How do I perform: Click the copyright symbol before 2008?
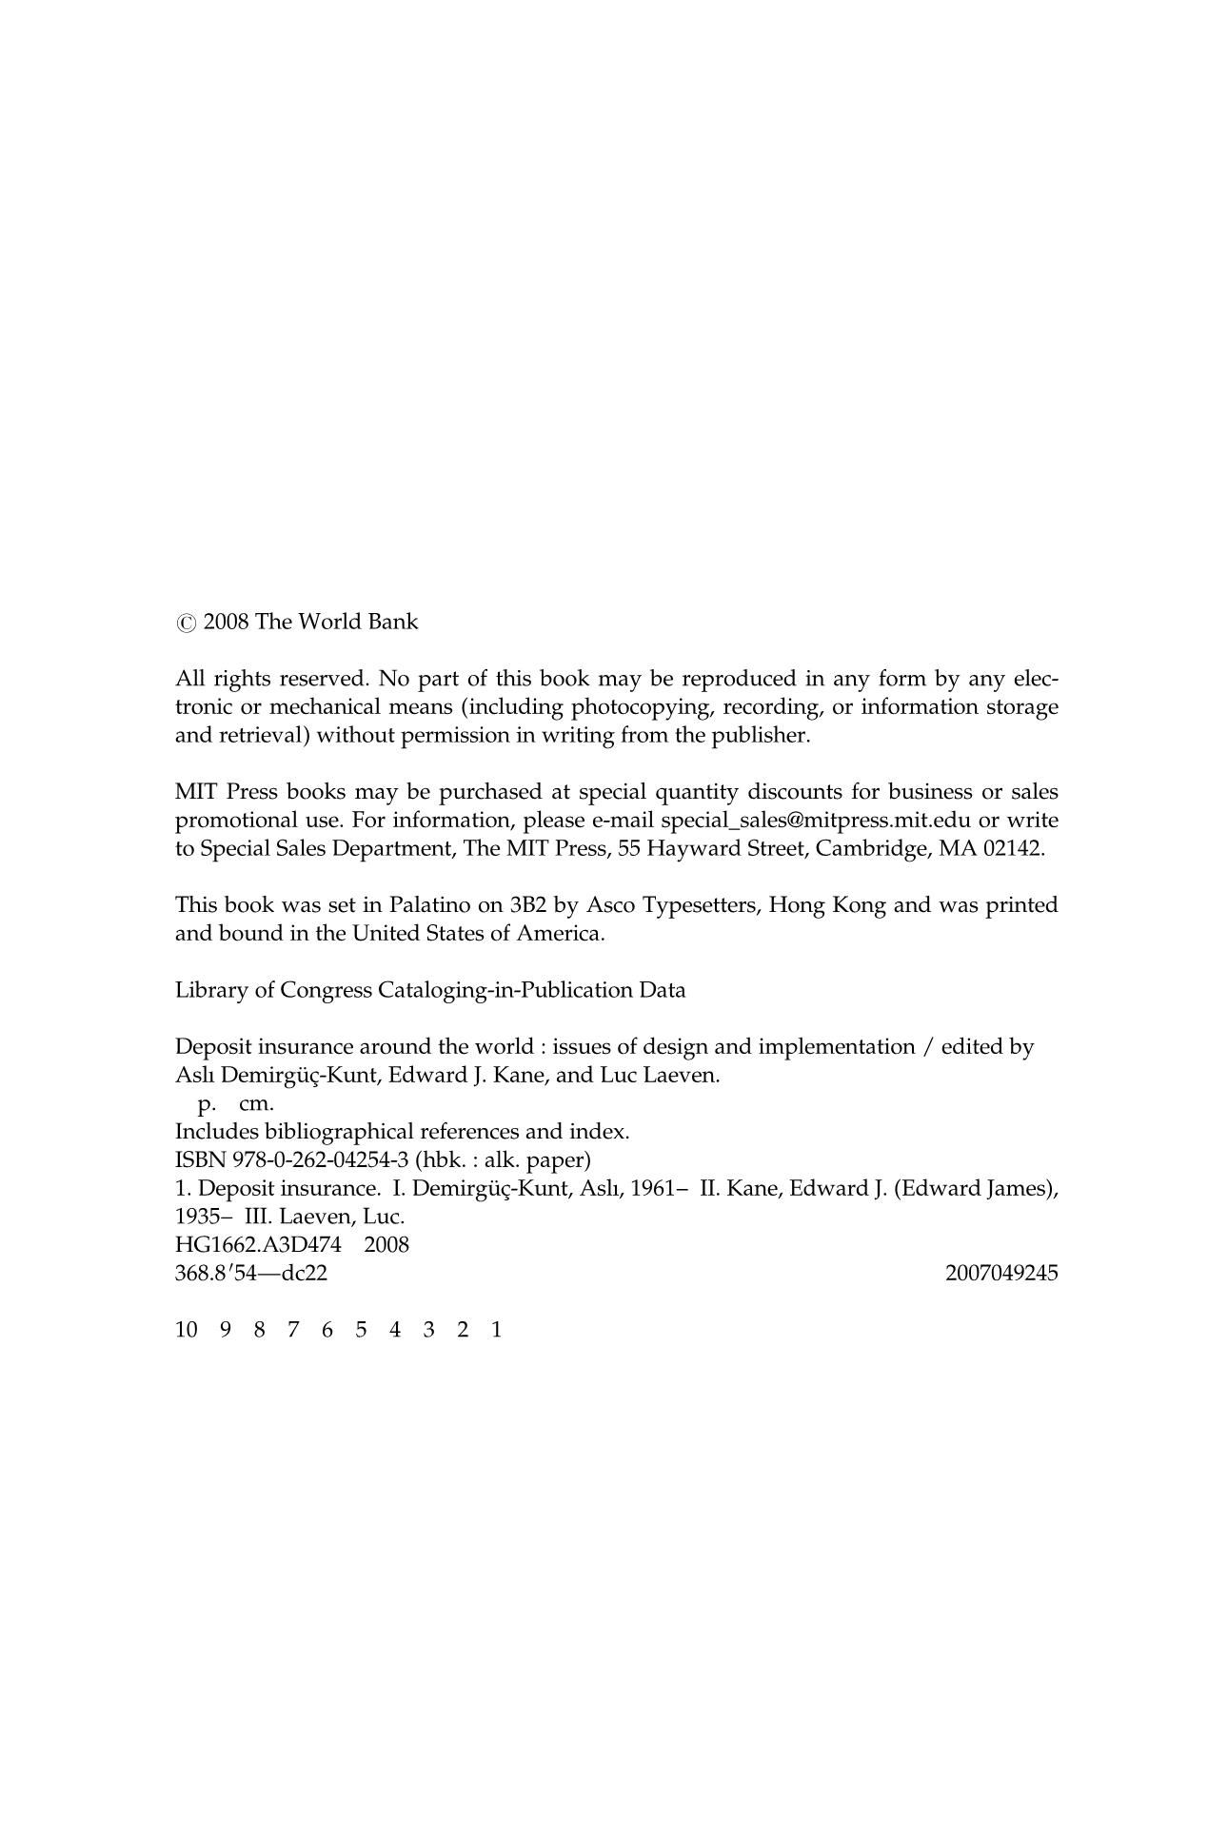tap(186, 624)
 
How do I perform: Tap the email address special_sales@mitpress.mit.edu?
tap(817, 821)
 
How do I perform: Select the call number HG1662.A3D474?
tap(258, 1245)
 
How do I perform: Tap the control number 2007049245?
tap(1001, 1274)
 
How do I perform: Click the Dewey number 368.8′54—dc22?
tap(251, 1274)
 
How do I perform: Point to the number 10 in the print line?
tap(187, 1331)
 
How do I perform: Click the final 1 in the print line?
tap(496, 1331)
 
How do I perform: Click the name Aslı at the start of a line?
tap(194, 1076)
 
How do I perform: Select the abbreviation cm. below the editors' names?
tap(256, 1104)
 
